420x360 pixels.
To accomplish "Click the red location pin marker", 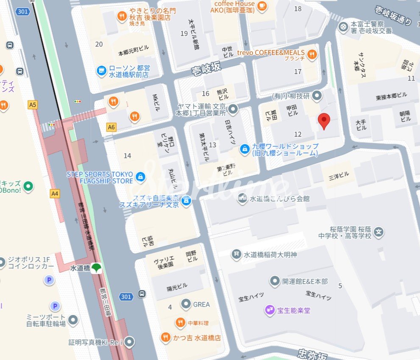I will click(324, 121).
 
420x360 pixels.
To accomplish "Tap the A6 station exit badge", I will click(111, 127).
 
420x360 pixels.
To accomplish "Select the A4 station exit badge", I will click(54, 194).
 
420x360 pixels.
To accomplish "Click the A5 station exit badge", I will click(33, 105).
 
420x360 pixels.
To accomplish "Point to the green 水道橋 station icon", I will click(97, 268).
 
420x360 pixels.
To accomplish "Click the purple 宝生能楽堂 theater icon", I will click(270, 310).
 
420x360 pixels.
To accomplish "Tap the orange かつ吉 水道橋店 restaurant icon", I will click(166, 338).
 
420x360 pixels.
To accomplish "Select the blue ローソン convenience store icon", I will click(101, 70).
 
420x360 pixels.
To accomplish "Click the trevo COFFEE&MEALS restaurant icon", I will click(312, 54).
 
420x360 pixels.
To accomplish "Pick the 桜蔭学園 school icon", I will click(379, 232).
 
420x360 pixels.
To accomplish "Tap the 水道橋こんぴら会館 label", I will click(280, 198).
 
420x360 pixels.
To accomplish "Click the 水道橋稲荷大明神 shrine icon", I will click(236, 255).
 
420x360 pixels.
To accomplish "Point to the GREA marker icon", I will click(186, 304).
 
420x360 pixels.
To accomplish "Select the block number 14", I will click(127, 156).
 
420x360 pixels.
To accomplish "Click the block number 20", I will click(99, 44).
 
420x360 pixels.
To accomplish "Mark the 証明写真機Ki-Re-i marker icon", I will click(130, 341).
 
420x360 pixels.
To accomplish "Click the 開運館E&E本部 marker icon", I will click(275, 281).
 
